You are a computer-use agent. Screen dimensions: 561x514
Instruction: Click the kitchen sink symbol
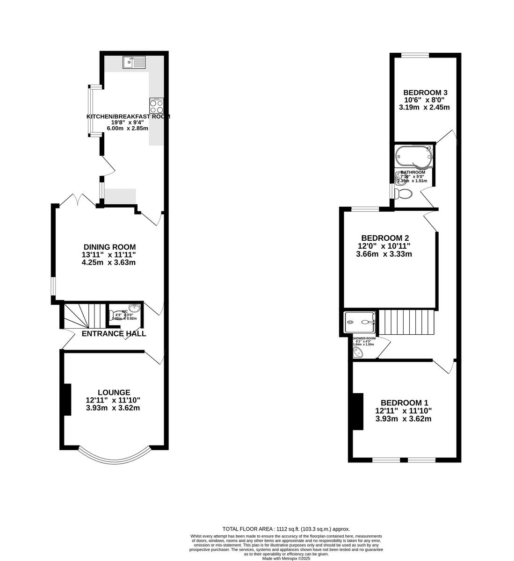(134, 62)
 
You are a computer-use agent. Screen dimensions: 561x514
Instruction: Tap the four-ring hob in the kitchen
(156, 106)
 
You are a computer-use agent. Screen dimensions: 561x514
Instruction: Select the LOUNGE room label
(114, 392)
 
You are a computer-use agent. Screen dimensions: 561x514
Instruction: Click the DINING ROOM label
(109, 247)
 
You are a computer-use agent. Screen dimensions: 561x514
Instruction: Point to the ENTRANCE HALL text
(114, 334)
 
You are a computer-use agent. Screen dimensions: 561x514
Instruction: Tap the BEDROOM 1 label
(404, 403)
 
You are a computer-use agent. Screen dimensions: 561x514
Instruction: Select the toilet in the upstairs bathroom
(402, 193)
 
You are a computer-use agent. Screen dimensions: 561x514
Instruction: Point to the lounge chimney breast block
(67, 399)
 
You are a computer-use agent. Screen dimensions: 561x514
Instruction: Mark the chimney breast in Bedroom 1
(358, 411)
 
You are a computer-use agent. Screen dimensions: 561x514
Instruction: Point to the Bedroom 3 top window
(415, 56)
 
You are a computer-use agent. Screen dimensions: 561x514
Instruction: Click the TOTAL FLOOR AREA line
(286, 529)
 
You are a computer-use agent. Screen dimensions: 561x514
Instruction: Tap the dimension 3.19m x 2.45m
(424, 107)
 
